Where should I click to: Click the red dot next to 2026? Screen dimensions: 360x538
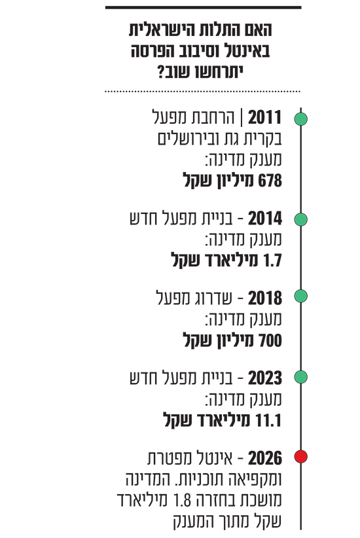pyautogui.click(x=300, y=457)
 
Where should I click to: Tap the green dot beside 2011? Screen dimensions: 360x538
pyautogui.click(x=300, y=119)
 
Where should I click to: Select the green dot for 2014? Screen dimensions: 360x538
pyautogui.click(x=300, y=219)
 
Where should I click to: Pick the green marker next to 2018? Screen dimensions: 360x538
pyautogui.click(x=300, y=296)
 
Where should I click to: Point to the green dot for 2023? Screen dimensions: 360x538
pyautogui.click(x=300, y=377)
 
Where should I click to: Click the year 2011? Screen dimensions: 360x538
pyautogui.click(x=264, y=118)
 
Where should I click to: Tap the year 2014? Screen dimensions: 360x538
pyautogui.click(x=265, y=219)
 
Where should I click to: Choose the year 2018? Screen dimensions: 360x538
pyautogui.click(x=265, y=298)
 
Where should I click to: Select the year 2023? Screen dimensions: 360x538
pyautogui.click(x=265, y=378)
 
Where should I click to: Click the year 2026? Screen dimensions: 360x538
pyautogui.click(x=265, y=458)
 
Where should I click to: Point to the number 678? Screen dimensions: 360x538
pyautogui.click(x=270, y=181)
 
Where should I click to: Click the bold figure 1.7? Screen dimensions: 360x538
pyautogui.click(x=272, y=260)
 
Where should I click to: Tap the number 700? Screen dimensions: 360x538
pyautogui.click(x=270, y=340)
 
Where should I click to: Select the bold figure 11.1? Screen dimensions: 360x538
pyautogui.click(x=269, y=421)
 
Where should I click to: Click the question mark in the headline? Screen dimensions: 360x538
pyautogui.click(x=161, y=72)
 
